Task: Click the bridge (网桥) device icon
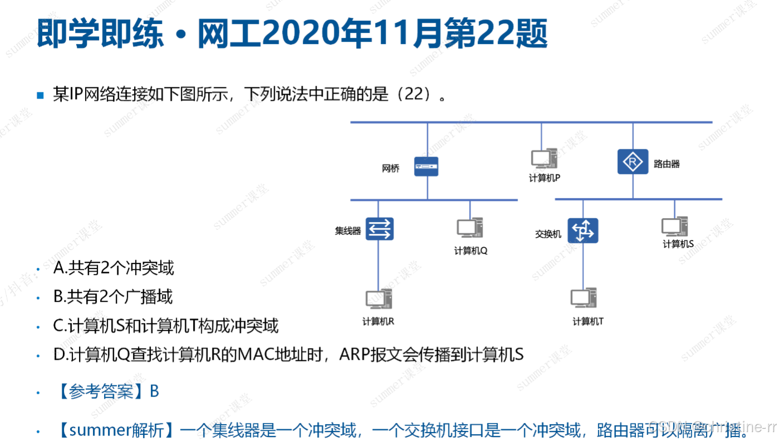[426, 166]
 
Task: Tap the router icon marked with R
[633, 162]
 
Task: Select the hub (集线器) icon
[379, 229]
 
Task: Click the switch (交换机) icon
[583, 231]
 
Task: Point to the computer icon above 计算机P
[544, 159]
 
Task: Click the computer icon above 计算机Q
[470, 229]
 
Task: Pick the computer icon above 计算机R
[378, 300]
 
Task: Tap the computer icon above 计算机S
[674, 227]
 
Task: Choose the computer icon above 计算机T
[584, 299]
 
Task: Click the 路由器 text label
[667, 164]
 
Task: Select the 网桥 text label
[391, 168]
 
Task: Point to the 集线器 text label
[348, 231]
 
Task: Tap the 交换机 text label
[548, 234]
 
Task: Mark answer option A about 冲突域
[114, 268]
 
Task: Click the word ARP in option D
[356, 355]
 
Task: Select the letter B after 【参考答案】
[154, 391]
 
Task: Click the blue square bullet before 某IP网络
[40, 95]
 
